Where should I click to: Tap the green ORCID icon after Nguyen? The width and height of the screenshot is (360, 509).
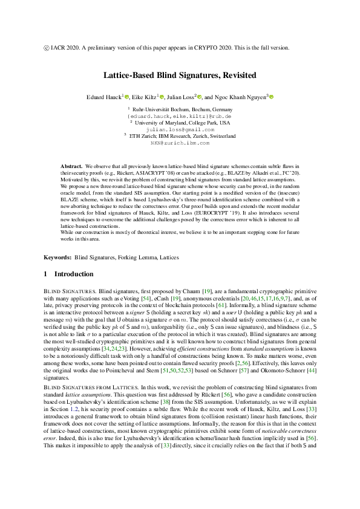(272, 97)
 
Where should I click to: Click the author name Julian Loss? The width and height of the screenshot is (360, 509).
(180, 97)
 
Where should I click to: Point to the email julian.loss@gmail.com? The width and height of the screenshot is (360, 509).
(180, 129)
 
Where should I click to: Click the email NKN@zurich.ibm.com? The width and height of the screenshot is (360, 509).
(180, 143)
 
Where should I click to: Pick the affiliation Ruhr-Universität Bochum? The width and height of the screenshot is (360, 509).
(180, 108)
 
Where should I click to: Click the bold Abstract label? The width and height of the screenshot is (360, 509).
(72, 166)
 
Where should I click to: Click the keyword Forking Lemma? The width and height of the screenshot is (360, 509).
(137, 258)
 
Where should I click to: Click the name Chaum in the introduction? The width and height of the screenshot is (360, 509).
(177, 291)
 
